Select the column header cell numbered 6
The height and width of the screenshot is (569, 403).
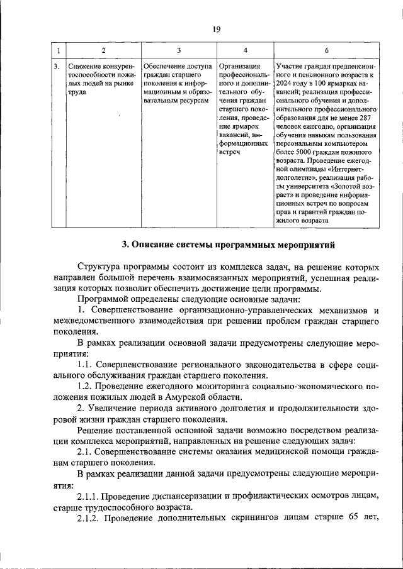[326, 50]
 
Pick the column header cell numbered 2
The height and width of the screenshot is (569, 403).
[103, 50]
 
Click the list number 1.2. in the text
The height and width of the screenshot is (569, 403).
[86, 386]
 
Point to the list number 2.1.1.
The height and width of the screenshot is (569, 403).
[89, 495]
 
